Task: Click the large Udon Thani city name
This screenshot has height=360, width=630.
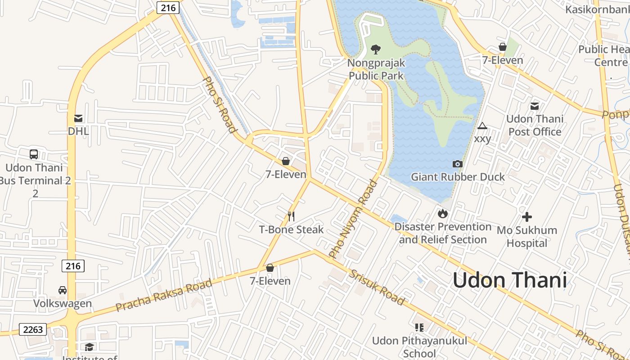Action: [509, 280]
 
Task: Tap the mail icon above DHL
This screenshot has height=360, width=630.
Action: [78, 118]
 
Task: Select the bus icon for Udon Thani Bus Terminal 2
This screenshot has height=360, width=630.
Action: [34, 154]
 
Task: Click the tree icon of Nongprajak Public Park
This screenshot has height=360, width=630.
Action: [376, 49]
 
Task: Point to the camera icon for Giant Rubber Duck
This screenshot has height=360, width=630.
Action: [458, 164]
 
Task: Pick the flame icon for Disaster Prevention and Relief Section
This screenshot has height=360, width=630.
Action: [442, 213]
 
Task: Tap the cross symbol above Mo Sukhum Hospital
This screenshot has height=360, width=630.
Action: [526, 217]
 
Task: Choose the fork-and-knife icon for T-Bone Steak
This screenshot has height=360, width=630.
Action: [291, 216]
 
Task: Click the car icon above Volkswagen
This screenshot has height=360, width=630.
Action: [63, 290]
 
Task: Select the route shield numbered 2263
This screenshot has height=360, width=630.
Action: [33, 329]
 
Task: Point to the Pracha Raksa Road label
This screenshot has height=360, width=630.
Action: [163, 295]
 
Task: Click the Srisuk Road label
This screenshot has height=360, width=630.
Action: [377, 288]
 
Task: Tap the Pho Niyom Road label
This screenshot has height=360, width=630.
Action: [353, 219]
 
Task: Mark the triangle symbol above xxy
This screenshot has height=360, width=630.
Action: [482, 126]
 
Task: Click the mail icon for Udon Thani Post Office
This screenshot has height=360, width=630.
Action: [535, 106]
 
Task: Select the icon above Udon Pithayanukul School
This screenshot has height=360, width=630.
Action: [419, 327]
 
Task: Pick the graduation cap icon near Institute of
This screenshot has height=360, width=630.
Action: [90, 347]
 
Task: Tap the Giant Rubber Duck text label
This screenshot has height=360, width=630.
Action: [458, 177]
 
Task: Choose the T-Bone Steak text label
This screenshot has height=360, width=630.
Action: [291, 229]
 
